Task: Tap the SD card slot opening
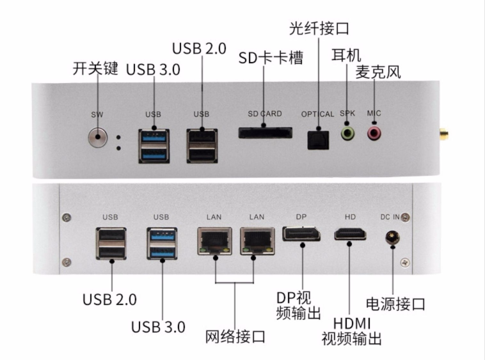tap(264, 134)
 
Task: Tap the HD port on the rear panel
tap(350, 235)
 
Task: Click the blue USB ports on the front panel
tap(154, 145)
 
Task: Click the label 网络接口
tap(235, 335)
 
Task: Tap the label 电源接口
tap(395, 303)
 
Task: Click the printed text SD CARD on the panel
tap(265, 114)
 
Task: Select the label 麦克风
tap(378, 72)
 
